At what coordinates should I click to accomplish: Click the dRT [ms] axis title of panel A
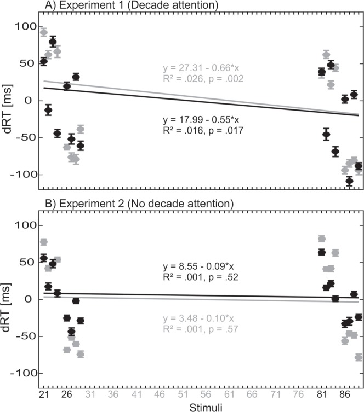coord(8,101)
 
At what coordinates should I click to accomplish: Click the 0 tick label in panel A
coord(32,101)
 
